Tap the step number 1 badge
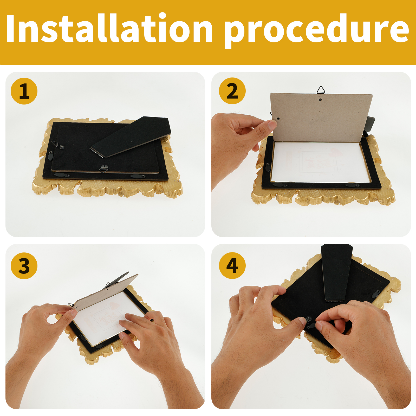click(24, 91)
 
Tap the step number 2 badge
click(232, 91)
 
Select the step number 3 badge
click(24, 266)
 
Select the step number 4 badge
click(232, 266)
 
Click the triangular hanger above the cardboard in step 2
click(321, 90)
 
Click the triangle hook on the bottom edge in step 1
click(104, 169)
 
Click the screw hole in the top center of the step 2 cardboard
click(320, 99)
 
